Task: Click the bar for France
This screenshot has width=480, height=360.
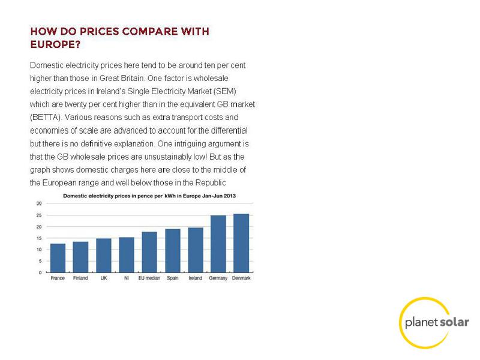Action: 58,258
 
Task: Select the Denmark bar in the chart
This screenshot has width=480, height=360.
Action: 241,243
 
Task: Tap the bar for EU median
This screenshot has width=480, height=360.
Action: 149,252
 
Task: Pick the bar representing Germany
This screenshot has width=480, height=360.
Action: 218,244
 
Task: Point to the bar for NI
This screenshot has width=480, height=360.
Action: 127,254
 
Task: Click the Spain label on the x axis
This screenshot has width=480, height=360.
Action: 173,278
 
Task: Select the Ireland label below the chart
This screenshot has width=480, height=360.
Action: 196,278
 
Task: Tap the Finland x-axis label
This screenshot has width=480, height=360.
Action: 80,278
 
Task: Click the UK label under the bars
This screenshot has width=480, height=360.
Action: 104,278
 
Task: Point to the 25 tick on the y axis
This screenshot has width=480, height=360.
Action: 39,215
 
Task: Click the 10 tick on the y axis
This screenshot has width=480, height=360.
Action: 39,250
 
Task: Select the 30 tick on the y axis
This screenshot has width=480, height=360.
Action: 39,203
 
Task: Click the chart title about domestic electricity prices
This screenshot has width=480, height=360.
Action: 149,196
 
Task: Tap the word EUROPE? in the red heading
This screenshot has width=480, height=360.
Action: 55,44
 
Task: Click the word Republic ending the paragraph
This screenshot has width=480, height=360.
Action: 211,183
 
